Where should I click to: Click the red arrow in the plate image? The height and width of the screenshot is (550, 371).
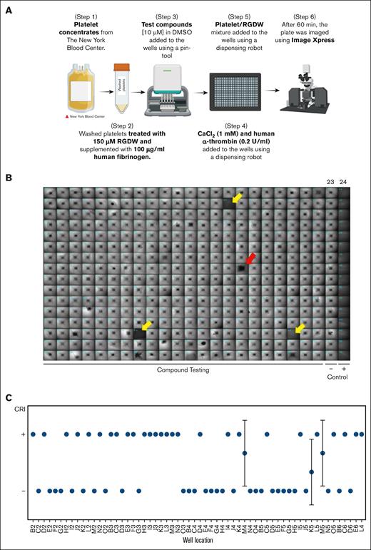coord(249,258)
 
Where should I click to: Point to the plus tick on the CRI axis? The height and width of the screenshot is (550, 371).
coord(24,434)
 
